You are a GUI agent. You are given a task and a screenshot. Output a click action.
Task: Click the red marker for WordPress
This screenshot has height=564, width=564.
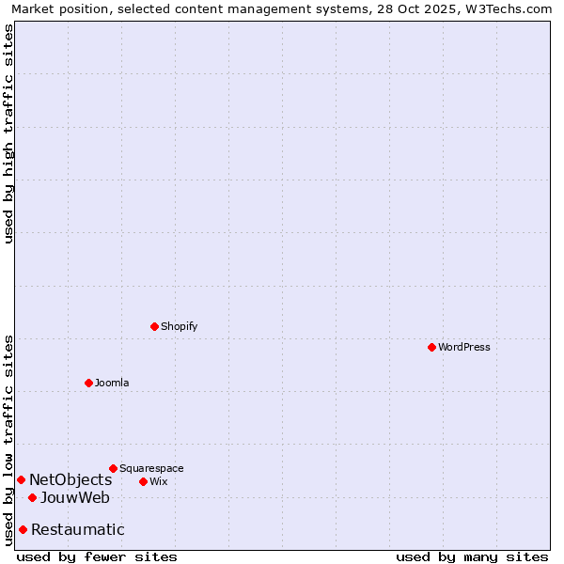[431, 347]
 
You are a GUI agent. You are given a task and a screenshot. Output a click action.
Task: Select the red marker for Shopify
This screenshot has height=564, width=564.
[154, 326]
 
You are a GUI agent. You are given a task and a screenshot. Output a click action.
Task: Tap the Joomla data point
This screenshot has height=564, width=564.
[88, 383]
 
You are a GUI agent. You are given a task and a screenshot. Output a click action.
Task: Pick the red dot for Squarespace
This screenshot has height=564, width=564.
[113, 468]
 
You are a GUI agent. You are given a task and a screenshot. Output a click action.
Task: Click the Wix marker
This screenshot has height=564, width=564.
[143, 481]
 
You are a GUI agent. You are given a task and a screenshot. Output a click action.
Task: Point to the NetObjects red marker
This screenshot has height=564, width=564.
[21, 480]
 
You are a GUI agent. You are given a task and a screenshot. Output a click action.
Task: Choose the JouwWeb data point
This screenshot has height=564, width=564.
[32, 497]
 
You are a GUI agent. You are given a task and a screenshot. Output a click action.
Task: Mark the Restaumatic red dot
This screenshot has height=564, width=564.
[23, 529]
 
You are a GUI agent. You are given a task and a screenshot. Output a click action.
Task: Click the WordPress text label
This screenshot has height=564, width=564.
[464, 347]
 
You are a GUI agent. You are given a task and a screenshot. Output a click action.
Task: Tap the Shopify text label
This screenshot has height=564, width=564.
[179, 326]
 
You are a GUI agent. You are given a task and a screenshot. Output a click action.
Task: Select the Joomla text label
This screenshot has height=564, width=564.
[112, 383]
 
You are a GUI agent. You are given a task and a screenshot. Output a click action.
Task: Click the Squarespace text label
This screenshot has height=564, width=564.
[151, 468]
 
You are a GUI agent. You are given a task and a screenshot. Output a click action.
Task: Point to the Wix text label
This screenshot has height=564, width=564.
[159, 481]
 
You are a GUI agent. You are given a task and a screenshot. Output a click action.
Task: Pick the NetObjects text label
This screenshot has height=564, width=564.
[70, 480]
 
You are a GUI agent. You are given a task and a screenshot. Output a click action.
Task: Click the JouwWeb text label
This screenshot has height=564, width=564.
[75, 497]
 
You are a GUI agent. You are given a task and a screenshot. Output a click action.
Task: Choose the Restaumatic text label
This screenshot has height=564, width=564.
[78, 529]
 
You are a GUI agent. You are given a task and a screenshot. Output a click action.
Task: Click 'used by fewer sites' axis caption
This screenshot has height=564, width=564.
[97, 556]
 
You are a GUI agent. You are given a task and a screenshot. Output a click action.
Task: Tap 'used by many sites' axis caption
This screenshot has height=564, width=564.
[472, 556]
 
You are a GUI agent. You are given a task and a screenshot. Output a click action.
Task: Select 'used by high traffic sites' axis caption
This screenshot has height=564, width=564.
[8, 133]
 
